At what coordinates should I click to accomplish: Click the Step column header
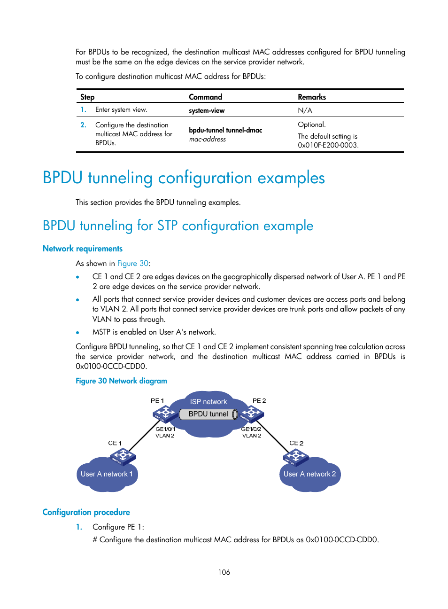point(87,97)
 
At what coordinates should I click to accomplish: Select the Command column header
point(205,97)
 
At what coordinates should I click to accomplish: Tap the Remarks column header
point(312,97)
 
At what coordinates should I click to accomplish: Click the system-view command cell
point(207,111)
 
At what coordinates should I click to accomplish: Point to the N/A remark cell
point(305,110)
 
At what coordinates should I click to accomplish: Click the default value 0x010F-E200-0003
point(328,145)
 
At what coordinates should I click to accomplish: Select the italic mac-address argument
point(208,140)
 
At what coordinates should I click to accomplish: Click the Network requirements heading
point(83,249)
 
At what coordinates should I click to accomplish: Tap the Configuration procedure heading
point(86,512)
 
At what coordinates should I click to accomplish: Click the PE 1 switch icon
point(164,414)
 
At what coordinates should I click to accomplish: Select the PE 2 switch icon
point(252,414)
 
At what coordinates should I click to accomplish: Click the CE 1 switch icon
point(123,456)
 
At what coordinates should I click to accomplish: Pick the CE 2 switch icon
point(295,456)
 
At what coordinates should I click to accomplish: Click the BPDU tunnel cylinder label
point(209,414)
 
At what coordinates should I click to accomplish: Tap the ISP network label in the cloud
point(209,402)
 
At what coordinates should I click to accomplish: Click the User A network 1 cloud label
point(107,474)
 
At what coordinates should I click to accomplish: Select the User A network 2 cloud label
point(309,474)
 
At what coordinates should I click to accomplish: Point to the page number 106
point(224,572)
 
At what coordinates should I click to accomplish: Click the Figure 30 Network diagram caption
point(121,381)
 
